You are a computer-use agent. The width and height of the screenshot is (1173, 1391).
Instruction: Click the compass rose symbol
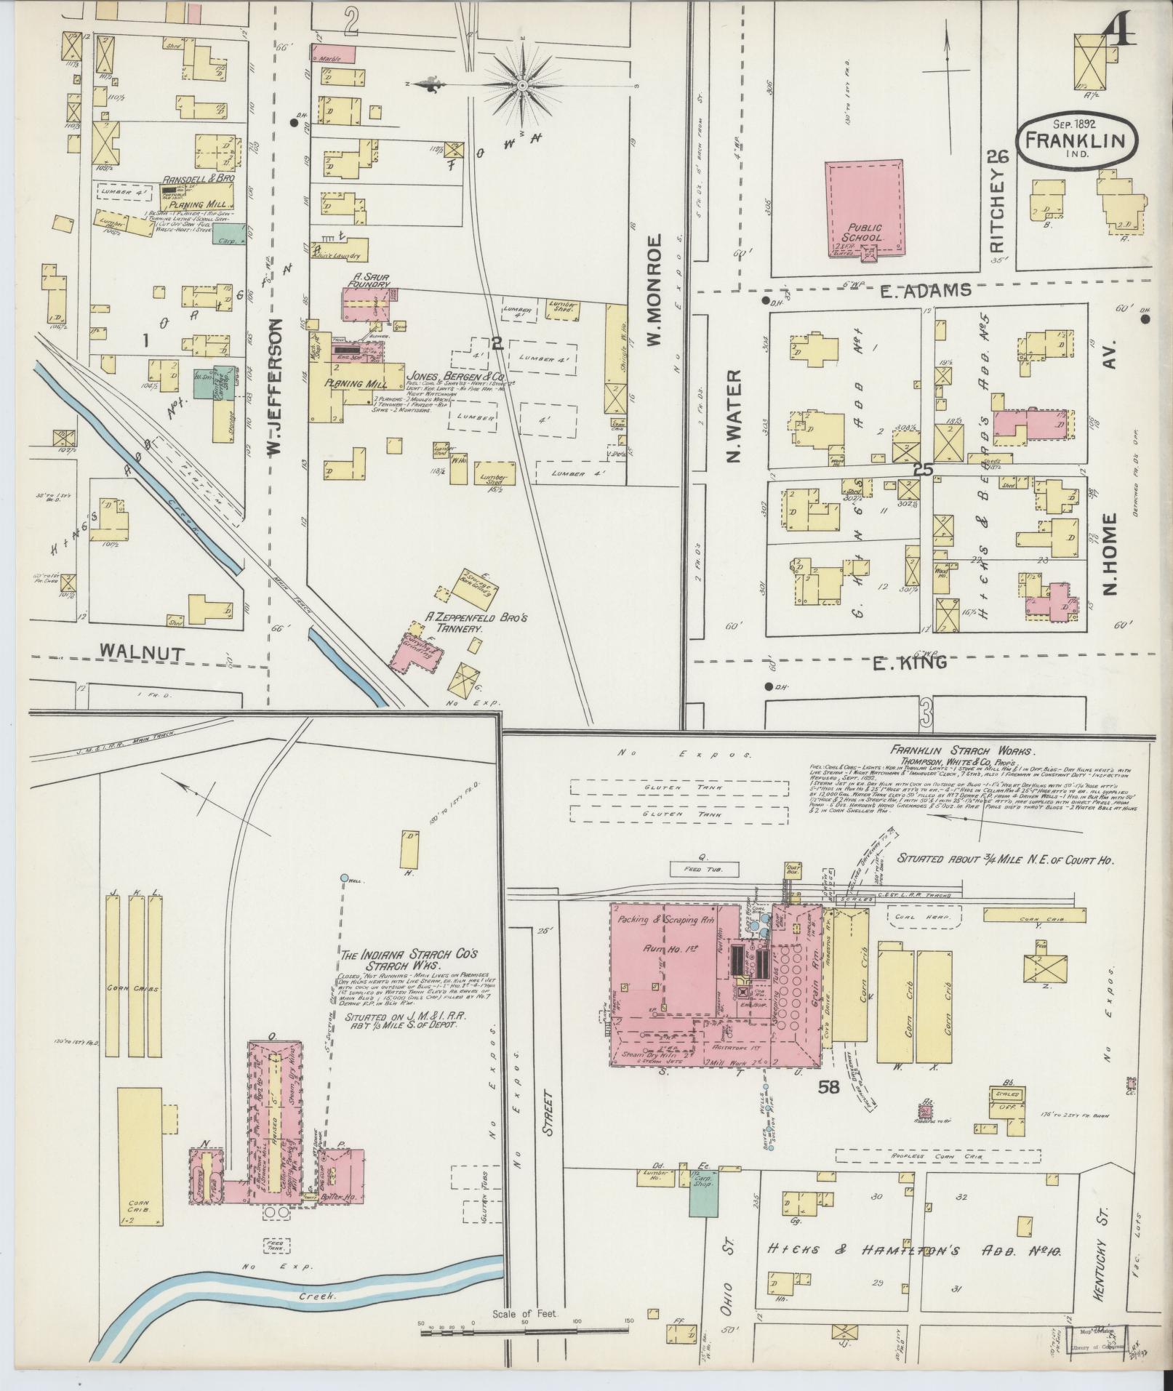[521, 86]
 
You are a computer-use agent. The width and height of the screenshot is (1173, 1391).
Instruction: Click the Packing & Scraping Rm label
[668, 920]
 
